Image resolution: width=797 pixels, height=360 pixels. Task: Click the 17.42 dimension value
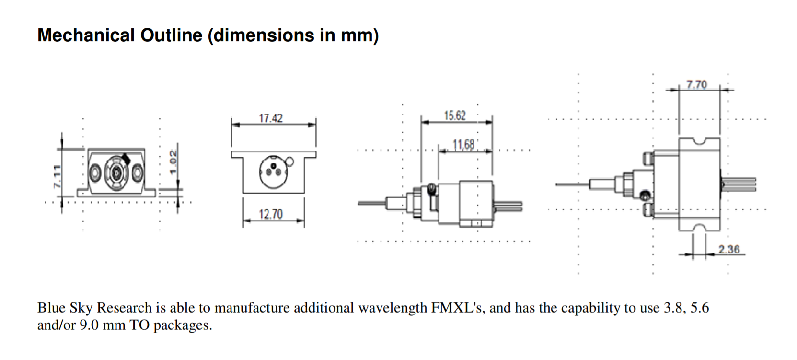271,118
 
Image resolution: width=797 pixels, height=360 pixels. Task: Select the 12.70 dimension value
271,214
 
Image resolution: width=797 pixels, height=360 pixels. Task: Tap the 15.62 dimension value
454,116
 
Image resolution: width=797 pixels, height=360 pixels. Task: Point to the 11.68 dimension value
463,144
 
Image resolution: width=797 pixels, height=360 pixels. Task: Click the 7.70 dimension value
696,85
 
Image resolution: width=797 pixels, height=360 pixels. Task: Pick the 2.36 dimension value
728,249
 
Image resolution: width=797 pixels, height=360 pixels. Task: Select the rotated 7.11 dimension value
57,176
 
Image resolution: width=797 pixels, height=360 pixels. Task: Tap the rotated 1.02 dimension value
173,162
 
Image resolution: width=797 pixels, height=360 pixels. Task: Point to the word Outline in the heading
171,35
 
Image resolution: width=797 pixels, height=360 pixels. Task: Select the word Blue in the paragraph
51,308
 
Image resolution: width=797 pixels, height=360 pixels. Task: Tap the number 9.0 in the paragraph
89,325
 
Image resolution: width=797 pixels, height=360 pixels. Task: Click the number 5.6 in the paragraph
699,308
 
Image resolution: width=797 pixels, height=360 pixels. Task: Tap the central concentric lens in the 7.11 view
116,171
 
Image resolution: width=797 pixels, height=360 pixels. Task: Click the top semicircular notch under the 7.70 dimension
699,140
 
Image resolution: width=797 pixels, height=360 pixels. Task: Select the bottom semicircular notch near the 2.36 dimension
699,227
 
